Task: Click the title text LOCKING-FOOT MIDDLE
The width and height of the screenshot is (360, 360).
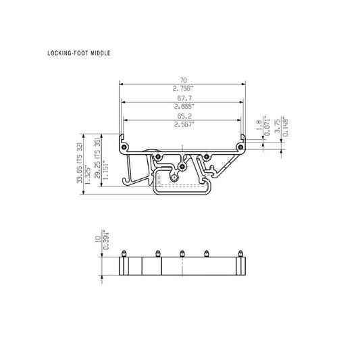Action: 79,53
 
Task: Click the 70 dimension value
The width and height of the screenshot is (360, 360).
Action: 183,80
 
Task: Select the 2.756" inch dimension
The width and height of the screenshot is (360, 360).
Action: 183,88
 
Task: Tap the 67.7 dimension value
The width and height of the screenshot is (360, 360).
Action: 184,98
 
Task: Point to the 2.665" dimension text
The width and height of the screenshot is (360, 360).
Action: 184,106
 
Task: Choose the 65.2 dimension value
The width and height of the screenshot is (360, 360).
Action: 184,116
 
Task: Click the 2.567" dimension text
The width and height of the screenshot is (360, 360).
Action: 184,124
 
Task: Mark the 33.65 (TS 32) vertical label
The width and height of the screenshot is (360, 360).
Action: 79,163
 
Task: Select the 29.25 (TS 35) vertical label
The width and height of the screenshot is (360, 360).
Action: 97,158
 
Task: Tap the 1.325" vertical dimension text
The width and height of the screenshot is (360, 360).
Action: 88,174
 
